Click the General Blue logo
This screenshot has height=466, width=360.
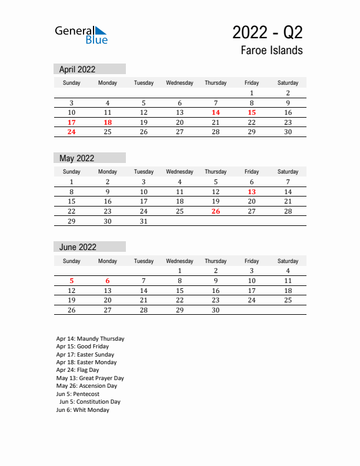tap(81, 35)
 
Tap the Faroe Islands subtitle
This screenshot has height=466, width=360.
tap(271, 51)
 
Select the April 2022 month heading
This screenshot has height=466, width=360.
tap(77, 69)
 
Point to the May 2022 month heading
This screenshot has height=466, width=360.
tap(76, 158)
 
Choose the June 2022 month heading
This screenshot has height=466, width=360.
tap(78, 247)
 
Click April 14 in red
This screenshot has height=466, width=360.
tap(216, 112)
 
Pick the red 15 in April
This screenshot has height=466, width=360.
tap(252, 112)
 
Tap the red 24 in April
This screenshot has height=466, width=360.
tap(72, 132)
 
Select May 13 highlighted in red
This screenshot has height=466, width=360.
tap(252, 192)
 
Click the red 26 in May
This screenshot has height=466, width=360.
tap(216, 211)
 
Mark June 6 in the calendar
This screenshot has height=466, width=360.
tap(108, 281)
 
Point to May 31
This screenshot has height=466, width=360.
tap(144, 221)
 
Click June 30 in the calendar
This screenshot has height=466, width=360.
tap(216, 310)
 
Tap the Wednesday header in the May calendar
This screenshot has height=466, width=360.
tap(179, 172)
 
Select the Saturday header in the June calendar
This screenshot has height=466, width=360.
tap(288, 261)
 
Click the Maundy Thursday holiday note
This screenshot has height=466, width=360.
tap(90, 339)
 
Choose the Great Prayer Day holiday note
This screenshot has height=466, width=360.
tap(90, 378)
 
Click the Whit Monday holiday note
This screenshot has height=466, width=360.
tap(83, 410)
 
